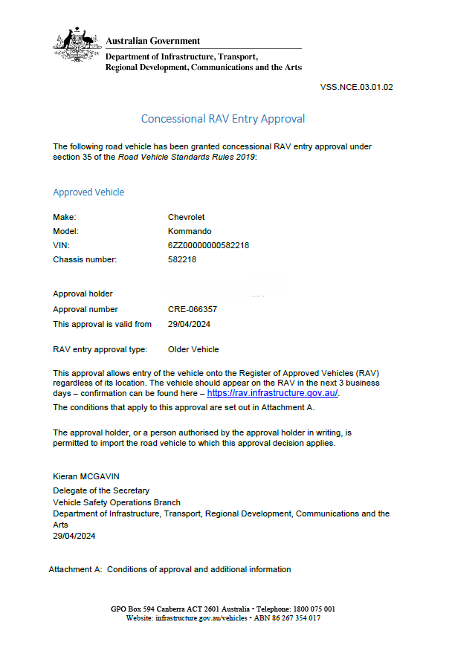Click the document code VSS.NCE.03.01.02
click(356, 87)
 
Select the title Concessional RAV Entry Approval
click(223, 119)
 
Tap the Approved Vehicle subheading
click(88, 192)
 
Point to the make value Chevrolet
click(187, 217)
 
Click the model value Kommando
click(190, 231)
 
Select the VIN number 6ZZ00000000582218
click(209, 246)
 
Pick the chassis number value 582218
click(182, 260)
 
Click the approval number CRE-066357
click(193, 309)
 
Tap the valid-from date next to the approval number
click(189, 324)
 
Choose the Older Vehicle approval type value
click(193, 349)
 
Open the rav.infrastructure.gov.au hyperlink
click(272, 393)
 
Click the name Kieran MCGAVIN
click(85, 477)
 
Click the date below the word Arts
click(74, 536)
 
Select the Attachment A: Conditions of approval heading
click(169, 569)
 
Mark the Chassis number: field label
click(85, 260)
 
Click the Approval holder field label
click(83, 294)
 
